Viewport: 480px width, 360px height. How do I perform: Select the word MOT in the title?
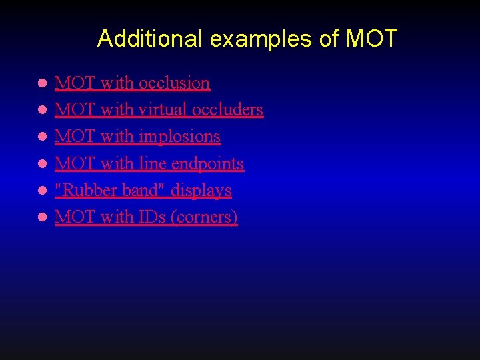(x=371, y=39)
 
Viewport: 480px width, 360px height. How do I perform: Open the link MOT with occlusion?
(x=132, y=83)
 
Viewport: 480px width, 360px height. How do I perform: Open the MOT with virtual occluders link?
(x=159, y=110)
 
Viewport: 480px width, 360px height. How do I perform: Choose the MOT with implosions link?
(x=137, y=137)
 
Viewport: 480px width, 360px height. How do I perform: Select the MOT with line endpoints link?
(x=149, y=163)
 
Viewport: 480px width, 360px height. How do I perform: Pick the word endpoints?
(x=207, y=164)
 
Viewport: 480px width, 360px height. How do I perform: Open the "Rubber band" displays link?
(x=143, y=190)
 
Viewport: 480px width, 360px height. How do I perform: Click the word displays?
(x=201, y=191)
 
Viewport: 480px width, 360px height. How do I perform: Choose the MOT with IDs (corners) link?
(x=146, y=217)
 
